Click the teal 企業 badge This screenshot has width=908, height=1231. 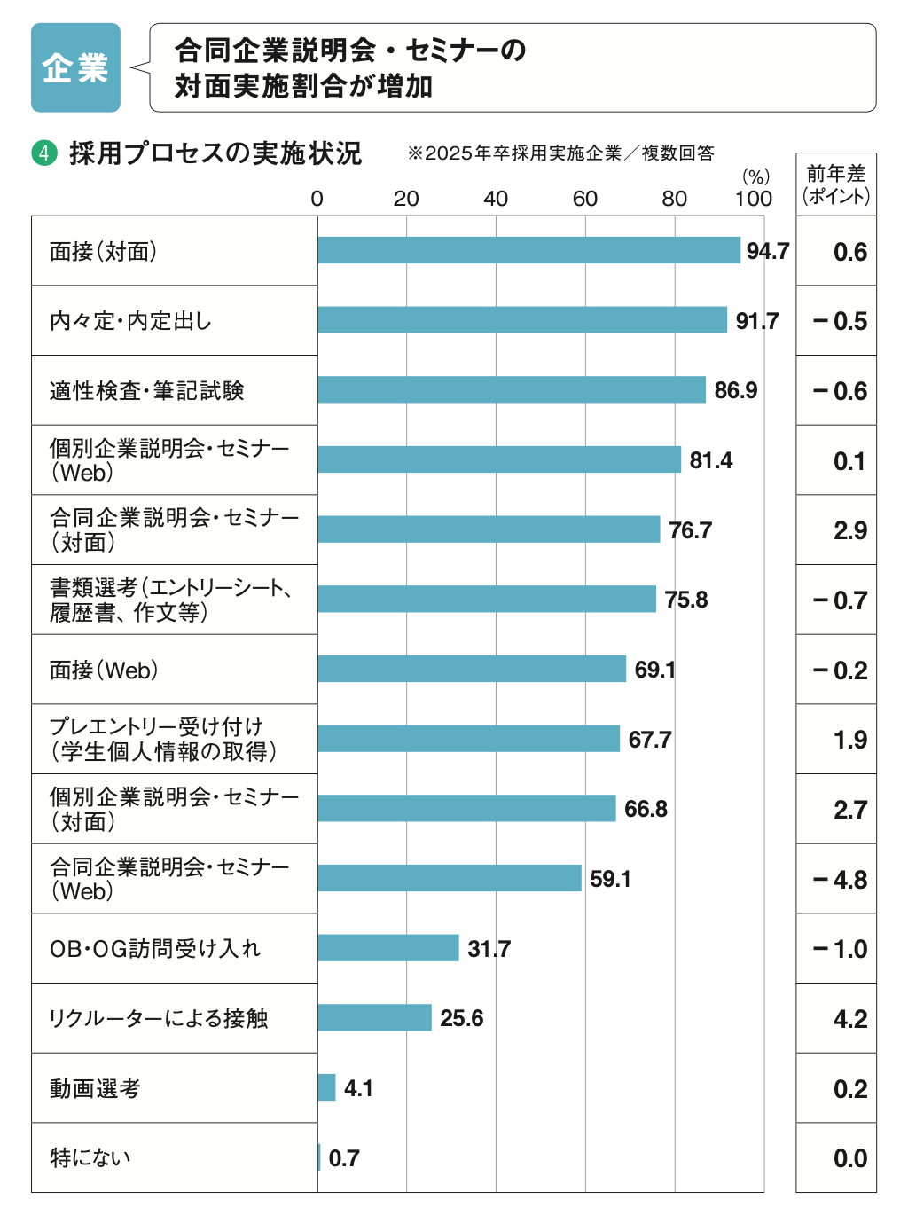(x=75, y=67)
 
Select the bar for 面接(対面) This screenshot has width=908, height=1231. (x=528, y=250)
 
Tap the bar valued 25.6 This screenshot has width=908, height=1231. (x=374, y=1017)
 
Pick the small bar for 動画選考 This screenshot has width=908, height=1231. (x=326, y=1087)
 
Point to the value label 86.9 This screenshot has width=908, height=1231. (x=735, y=390)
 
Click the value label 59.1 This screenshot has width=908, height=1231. (x=610, y=879)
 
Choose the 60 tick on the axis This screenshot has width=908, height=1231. (x=584, y=199)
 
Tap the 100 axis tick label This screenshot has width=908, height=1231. (x=753, y=199)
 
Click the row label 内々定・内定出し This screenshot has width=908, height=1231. (x=130, y=321)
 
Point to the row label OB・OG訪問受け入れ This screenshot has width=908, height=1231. (x=154, y=949)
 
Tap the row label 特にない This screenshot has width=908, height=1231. (x=90, y=1157)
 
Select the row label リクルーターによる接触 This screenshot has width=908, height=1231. (x=158, y=1018)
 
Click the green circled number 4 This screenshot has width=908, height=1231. (x=43, y=153)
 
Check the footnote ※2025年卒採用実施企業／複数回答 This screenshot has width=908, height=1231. (x=560, y=153)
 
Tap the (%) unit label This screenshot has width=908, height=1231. (x=755, y=176)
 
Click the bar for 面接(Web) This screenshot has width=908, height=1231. (x=472, y=669)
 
